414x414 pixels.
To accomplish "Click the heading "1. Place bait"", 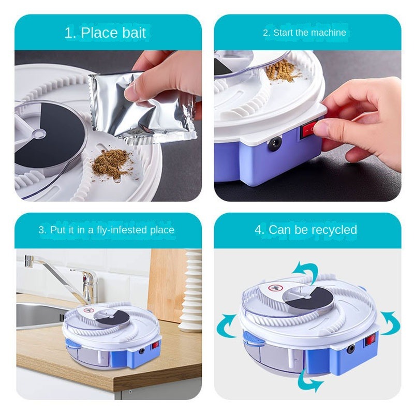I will pyautogui.click(x=105, y=33).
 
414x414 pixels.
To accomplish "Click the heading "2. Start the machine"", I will pyautogui.click(x=304, y=33).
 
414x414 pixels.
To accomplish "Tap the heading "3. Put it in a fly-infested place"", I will pyautogui.click(x=106, y=230).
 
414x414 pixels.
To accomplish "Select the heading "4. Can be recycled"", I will pyautogui.click(x=306, y=230).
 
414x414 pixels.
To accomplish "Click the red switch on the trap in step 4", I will pyautogui.click(x=369, y=341).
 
